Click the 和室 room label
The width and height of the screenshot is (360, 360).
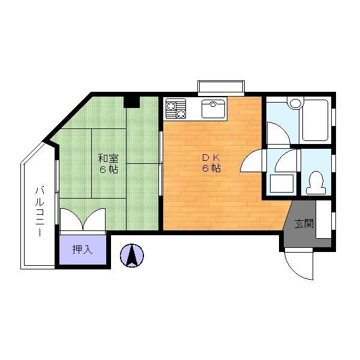[109, 158]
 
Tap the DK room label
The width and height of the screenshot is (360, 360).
[211, 157]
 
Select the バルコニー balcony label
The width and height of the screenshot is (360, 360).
[40, 212]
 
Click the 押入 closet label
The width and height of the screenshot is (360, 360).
[82, 250]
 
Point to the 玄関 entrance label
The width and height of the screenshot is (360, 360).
[304, 223]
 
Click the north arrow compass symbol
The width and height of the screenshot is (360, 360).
[132, 256]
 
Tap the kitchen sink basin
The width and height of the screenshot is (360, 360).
[213, 109]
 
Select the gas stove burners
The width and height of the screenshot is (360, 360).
[176, 109]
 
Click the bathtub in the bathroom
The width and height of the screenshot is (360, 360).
[315, 120]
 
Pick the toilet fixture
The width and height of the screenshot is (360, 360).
[316, 182]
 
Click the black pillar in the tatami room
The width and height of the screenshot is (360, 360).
[131, 102]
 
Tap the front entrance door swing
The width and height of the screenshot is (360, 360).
[299, 264]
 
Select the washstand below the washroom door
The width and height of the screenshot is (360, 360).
[282, 184]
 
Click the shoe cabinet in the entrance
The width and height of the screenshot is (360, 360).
[323, 220]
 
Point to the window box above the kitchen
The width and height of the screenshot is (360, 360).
[221, 88]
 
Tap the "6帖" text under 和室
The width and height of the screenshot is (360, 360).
[109, 169]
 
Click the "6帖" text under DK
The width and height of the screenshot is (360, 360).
[211, 168]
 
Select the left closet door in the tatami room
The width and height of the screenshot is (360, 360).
[71, 219]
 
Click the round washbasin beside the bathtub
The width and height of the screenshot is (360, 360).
[295, 103]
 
